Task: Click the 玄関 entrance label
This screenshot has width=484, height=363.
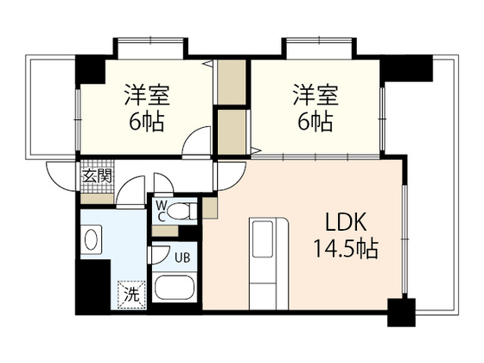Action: pyautogui.click(x=98, y=176)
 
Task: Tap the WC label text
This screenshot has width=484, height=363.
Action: pyautogui.click(x=161, y=212)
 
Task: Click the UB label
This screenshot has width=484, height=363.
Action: pyautogui.click(x=182, y=258)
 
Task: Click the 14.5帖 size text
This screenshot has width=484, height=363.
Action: pyautogui.click(x=345, y=251)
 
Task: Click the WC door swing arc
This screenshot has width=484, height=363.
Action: pyautogui.click(x=161, y=185)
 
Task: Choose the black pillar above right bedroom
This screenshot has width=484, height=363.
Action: pyautogui.click(x=406, y=66)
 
